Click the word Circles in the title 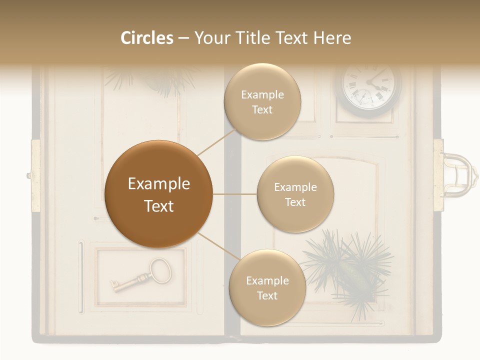[146, 38]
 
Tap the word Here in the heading [332, 38]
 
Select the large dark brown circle [159, 194]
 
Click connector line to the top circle [216, 141]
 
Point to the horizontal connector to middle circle [235, 194]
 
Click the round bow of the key [160, 268]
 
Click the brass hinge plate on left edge [35, 175]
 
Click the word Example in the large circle [159, 184]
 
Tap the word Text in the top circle [262, 110]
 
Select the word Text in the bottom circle [267, 295]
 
